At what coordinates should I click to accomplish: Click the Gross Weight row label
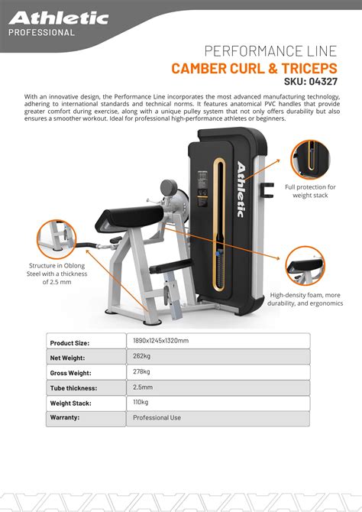click(x=71, y=373)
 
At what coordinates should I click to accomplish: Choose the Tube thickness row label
click(x=75, y=388)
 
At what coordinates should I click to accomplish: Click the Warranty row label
click(x=66, y=418)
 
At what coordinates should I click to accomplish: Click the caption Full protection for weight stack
click(x=310, y=191)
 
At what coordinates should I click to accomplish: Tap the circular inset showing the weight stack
click(x=309, y=157)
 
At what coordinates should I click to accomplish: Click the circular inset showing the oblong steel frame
click(x=54, y=236)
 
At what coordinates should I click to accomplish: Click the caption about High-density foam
click(x=309, y=300)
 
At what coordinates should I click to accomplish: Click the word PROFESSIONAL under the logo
click(x=41, y=34)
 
